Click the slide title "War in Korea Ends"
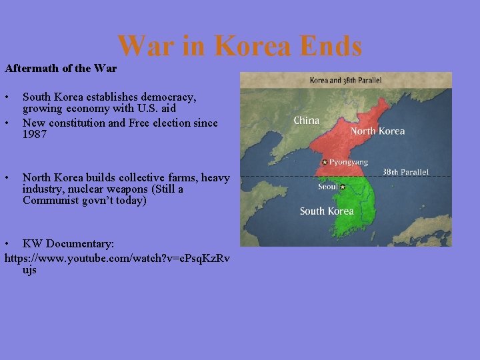(x=239, y=46)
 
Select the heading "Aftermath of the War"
(x=61, y=68)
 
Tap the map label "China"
(x=307, y=121)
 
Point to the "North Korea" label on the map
(x=377, y=131)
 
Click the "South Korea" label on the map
(x=327, y=211)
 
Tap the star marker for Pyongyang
(x=325, y=162)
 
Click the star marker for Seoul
(x=343, y=187)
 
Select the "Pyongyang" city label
(x=348, y=162)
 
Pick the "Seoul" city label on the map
(x=328, y=187)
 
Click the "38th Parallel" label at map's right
(x=405, y=172)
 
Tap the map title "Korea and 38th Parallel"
(x=345, y=80)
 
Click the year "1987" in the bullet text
(x=35, y=134)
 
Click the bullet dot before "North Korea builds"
(x=7, y=178)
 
